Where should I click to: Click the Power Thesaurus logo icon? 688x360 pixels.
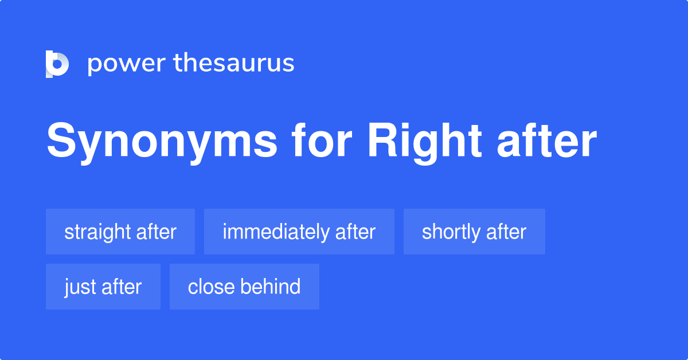[57, 64]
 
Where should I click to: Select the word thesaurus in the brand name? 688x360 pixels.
[234, 64]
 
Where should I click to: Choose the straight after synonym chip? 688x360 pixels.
[120, 232]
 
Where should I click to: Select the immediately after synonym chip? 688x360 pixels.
[299, 232]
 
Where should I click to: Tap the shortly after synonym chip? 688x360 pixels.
[474, 232]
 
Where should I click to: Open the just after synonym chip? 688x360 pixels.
[103, 287]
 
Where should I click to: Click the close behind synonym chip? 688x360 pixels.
[244, 287]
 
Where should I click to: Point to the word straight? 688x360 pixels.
[98, 232]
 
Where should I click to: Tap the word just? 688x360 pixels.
[80, 287]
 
